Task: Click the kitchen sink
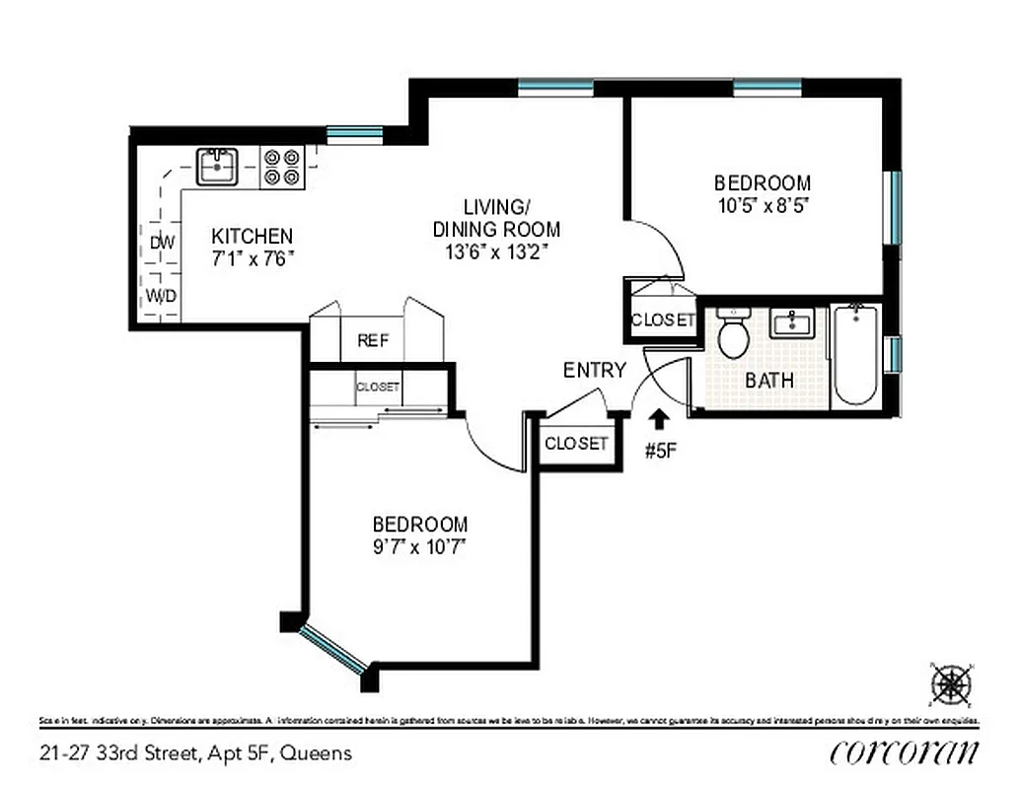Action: (x=216, y=167)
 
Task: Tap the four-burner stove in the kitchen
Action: (x=281, y=167)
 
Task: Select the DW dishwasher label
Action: (x=162, y=242)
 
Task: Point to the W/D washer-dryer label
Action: (x=162, y=296)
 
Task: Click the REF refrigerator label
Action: (x=373, y=341)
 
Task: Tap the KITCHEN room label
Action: (x=253, y=237)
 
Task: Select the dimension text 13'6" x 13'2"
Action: (x=496, y=251)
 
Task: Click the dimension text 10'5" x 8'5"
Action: (x=763, y=206)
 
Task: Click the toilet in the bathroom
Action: (x=733, y=334)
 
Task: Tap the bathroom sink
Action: (x=792, y=323)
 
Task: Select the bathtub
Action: (x=855, y=355)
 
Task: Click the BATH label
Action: (x=769, y=380)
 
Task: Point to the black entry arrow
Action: (x=658, y=421)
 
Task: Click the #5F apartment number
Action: (x=661, y=452)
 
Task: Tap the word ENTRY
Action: (x=595, y=371)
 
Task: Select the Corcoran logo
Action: (x=905, y=753)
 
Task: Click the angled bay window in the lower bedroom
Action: (x=333, y=648)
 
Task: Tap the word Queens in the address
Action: (x=316, y=753)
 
